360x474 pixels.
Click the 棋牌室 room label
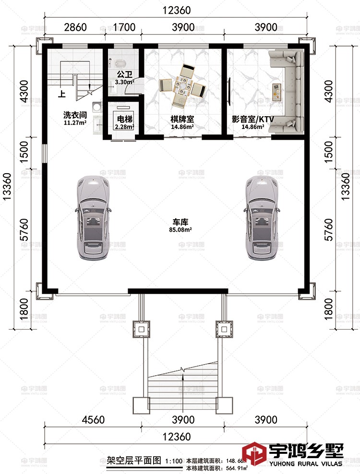(182, 119)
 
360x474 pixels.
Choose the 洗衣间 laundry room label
(75, 115)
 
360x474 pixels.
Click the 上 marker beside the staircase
(61, 95)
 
